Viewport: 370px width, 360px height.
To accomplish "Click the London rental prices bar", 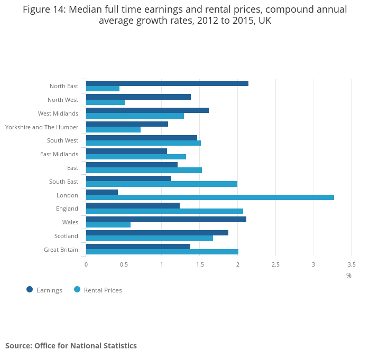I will click(210, 197).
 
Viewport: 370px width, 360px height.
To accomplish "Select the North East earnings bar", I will click(167, 83).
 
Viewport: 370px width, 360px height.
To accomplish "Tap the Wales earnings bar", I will click(166, 219).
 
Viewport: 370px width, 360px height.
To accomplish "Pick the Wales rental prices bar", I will click(108, 225).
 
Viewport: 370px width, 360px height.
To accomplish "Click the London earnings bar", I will click(102, 192).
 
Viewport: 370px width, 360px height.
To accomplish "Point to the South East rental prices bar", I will click(162, 184).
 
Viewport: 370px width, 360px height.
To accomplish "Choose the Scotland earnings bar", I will click(157, 233).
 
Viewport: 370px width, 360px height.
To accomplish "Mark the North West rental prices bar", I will click(105, 102).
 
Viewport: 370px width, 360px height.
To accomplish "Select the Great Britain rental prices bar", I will click(162, 252).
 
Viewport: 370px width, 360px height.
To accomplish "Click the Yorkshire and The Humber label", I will click(42, 127).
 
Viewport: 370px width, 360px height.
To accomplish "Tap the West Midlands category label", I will click(58, 113).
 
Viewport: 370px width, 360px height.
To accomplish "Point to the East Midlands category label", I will click(59, 154).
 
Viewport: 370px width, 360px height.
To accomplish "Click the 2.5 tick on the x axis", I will click(275, 264).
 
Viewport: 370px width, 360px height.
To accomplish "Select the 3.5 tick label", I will click(351, 264).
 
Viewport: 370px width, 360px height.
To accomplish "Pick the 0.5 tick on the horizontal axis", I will click(124, 264).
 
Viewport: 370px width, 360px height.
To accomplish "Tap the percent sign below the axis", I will click(349, 276).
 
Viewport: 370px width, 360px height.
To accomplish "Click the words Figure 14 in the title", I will click(45, 10).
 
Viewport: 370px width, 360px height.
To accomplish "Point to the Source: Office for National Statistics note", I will click(71, 346).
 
